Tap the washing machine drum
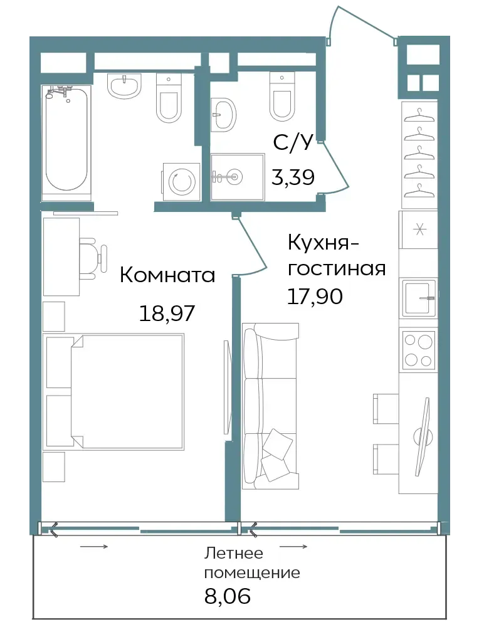pos(182,182)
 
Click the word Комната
pos(167,275)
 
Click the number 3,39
pos(293,177)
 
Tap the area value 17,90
pos(315,297)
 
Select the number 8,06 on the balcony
pos(227,596)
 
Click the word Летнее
pos(234,554)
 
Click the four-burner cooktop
pos(418,350)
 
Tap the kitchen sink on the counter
pos(419,297)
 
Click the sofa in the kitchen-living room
pos(270,406)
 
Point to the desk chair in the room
pos(93,258)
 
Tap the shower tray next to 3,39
pos(238,176)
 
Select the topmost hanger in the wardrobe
pos(419,115)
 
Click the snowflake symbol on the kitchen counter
pos(419,230)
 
